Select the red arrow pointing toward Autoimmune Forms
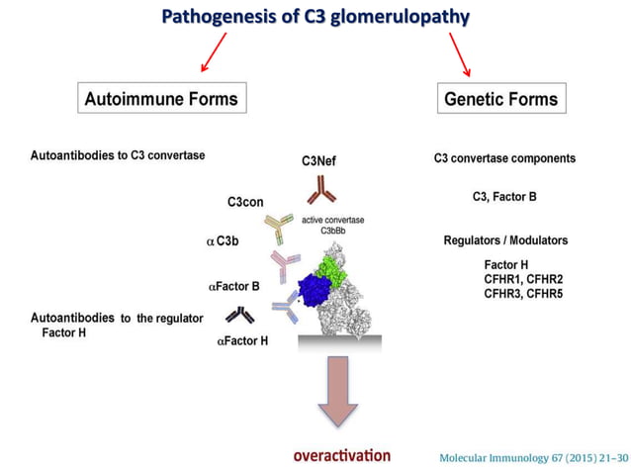pyautogui.click(x=214, y=51)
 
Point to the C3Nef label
pyautogui.click(x=318, y=159)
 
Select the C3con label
pyautogui.click(x=245, y=202)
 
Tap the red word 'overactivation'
pyautogui.click(x=341, y=455)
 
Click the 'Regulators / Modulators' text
pyautogui.click(x=503, y=240)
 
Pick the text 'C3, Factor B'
pyautogui.click(x=504, y=197)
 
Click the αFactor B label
pyautogui.click(x=233, y=286)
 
